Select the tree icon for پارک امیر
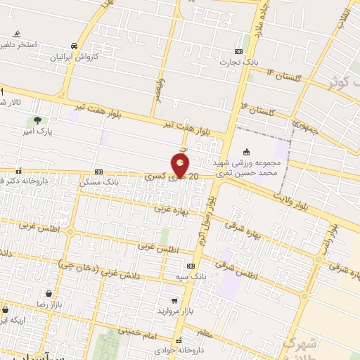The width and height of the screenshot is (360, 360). click(37, 120)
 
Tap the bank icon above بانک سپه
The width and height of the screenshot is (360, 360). click(191, 266)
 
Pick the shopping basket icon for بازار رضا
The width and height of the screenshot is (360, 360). click(48, 293)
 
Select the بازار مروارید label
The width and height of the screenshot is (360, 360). click(169, 310)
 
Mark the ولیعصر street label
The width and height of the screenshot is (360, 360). click(161, 89)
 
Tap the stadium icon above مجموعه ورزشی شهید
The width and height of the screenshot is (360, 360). click(246, 152)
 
